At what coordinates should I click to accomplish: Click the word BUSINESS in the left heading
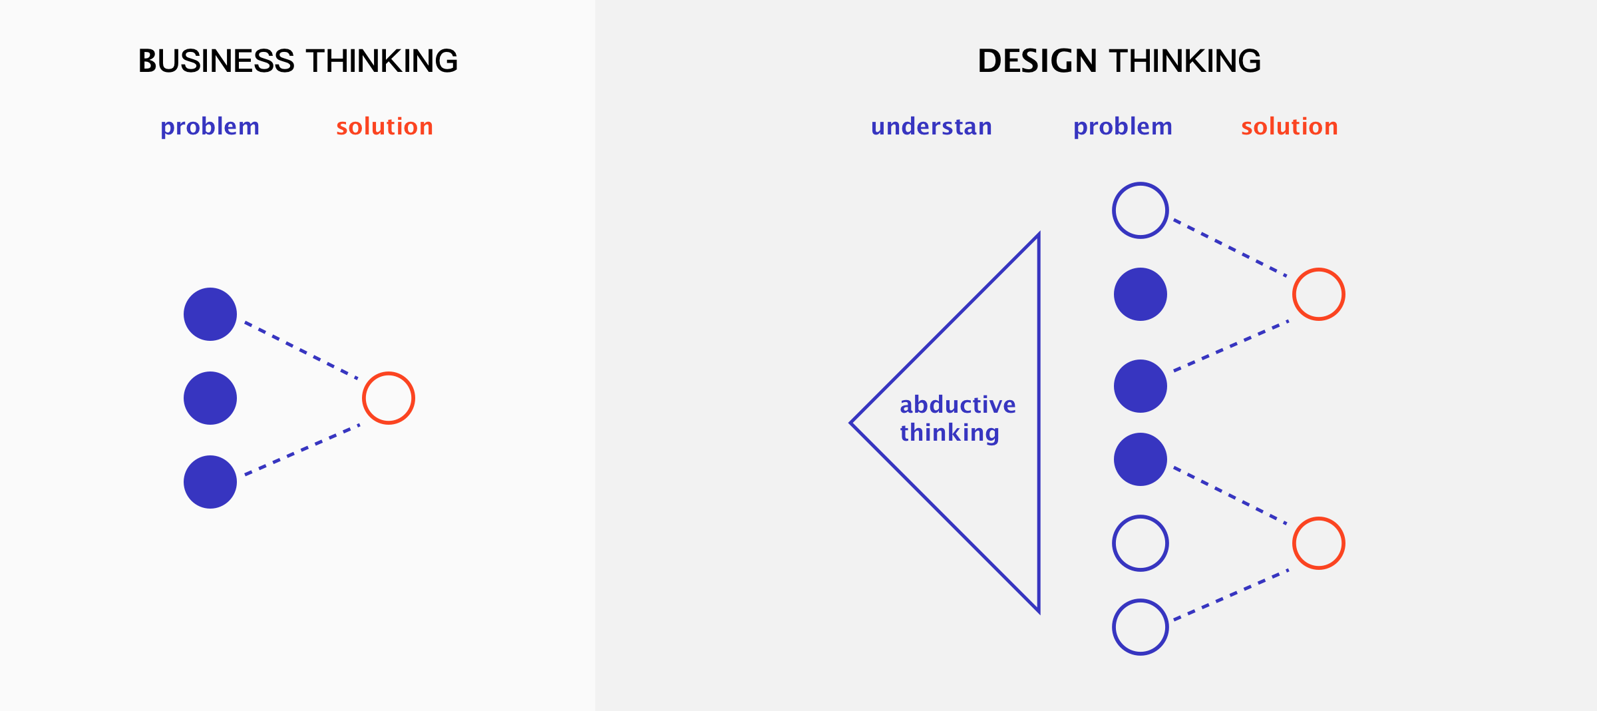click(216, 61)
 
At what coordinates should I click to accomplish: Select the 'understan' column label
click(932, 126)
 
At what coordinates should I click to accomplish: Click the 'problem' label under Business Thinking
click(210, 127)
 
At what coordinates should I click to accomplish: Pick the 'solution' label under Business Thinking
click(385, 126)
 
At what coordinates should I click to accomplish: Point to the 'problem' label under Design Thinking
click(1123, 127)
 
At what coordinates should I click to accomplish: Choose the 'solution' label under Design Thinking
click(1290, 126)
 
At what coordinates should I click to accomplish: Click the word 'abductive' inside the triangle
click(958, 405)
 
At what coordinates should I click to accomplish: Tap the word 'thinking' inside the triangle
click(950, 433)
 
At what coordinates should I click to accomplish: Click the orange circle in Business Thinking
click(389, 373)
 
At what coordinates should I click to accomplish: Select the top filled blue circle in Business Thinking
click(210, 314)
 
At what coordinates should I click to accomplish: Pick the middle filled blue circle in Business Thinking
click(210, 398)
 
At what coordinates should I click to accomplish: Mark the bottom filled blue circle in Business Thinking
click(210, 482)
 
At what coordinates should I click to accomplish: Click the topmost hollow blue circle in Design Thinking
click(1141, 184)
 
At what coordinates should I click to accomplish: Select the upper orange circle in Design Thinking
click(1319, 270)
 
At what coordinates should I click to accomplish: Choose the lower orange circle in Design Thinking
click(1319, 519)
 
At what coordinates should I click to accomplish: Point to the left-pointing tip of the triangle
click(851, 423)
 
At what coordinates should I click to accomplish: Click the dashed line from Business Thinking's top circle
click(301, 350)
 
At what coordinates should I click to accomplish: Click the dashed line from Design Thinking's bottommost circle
click(1231, 595)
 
